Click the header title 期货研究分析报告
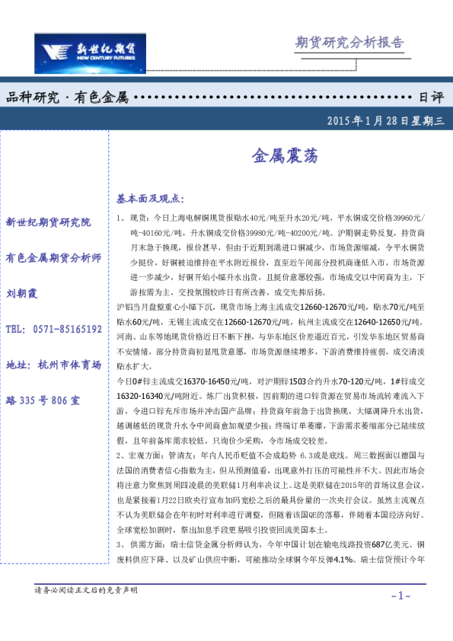(349, 42)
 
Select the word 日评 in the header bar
(432, 97)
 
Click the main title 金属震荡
(279, 156)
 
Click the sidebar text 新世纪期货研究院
(48, 222)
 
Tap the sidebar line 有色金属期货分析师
(53, 257)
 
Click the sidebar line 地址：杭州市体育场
(53, 365)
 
